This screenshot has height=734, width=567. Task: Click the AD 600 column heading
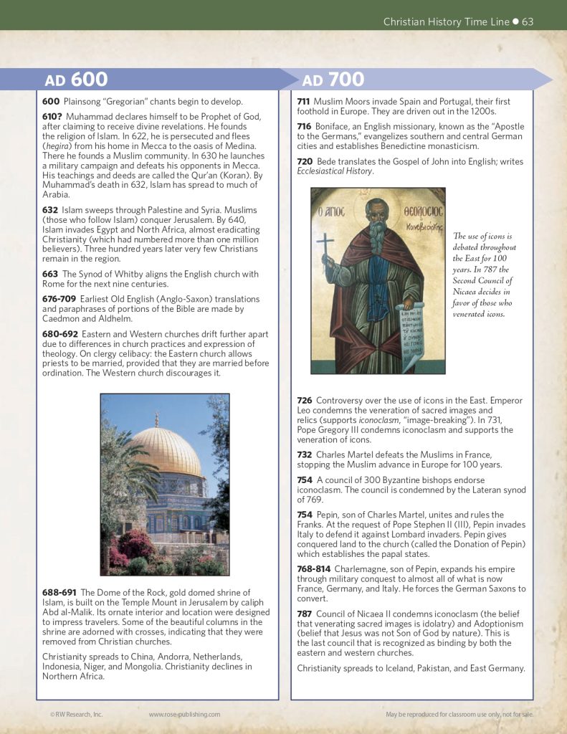[76, 79]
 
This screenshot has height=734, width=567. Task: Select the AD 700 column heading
[333, 79]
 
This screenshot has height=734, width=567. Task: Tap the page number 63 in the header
[528, 22]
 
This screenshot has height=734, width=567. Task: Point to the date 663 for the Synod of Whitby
[51, 275]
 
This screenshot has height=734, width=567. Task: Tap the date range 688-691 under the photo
[60, 592]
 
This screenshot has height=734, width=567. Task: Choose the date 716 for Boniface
[304, 126]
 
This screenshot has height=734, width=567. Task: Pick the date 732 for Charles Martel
[305, 455]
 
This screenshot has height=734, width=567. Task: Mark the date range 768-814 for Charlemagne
[315, 569]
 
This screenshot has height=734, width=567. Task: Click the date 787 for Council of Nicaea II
[305, 614]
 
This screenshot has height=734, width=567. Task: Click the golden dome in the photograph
[166, 451]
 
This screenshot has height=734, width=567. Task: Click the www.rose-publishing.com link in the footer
[184, 714]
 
